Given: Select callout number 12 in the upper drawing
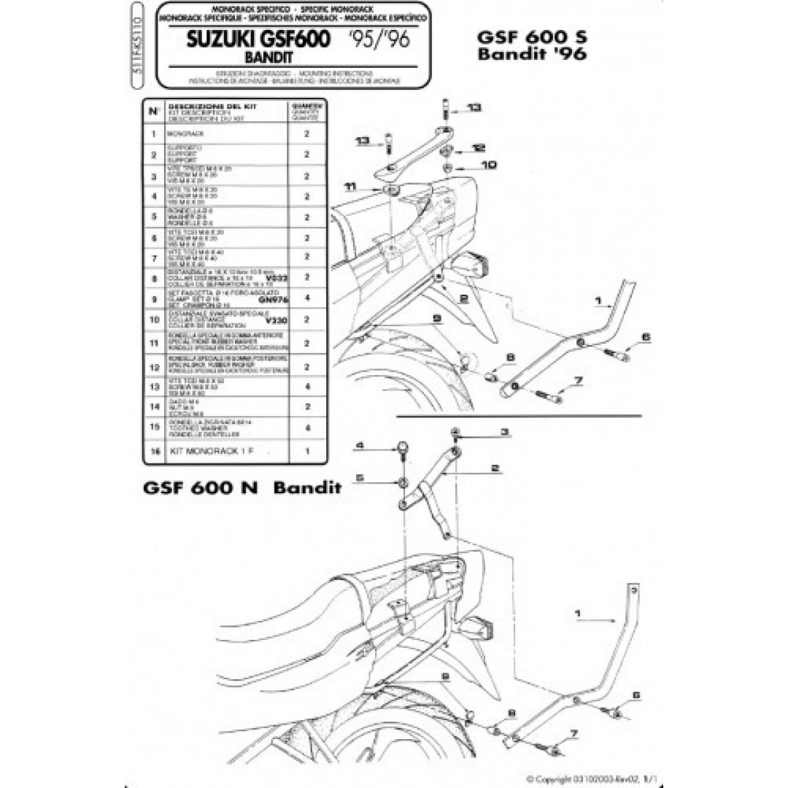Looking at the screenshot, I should (x=477, y=147).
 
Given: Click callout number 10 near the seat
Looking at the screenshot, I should (x=489, y=166).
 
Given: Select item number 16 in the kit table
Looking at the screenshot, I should (x=154, y=452).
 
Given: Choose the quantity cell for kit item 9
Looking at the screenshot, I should (x=306, y=298).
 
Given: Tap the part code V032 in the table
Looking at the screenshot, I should (x=274, y=279).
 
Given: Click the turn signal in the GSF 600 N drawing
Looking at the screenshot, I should (x=484, y=627).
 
